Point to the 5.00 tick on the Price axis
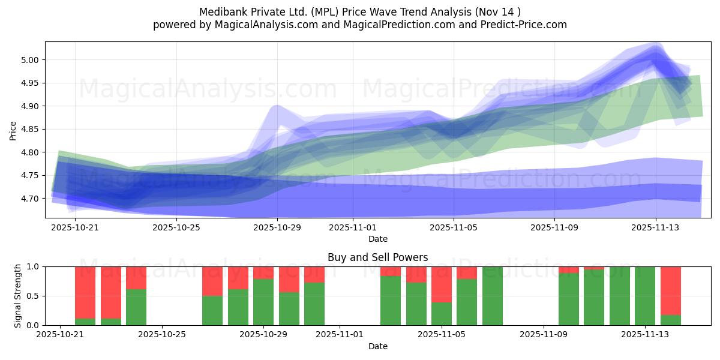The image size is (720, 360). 31,60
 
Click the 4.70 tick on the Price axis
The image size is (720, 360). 31,199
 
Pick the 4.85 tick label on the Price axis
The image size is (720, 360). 31,129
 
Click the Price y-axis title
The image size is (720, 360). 13,130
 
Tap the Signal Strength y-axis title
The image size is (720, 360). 18,295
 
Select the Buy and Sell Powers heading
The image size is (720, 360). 377,257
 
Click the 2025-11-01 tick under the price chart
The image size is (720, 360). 353,228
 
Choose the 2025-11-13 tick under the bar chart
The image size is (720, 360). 645,334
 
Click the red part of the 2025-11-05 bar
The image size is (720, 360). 442,284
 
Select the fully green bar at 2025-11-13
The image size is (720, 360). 645,296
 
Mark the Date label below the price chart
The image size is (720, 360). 377,239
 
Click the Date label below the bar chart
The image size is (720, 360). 377,346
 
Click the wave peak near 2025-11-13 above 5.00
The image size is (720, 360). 655,53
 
